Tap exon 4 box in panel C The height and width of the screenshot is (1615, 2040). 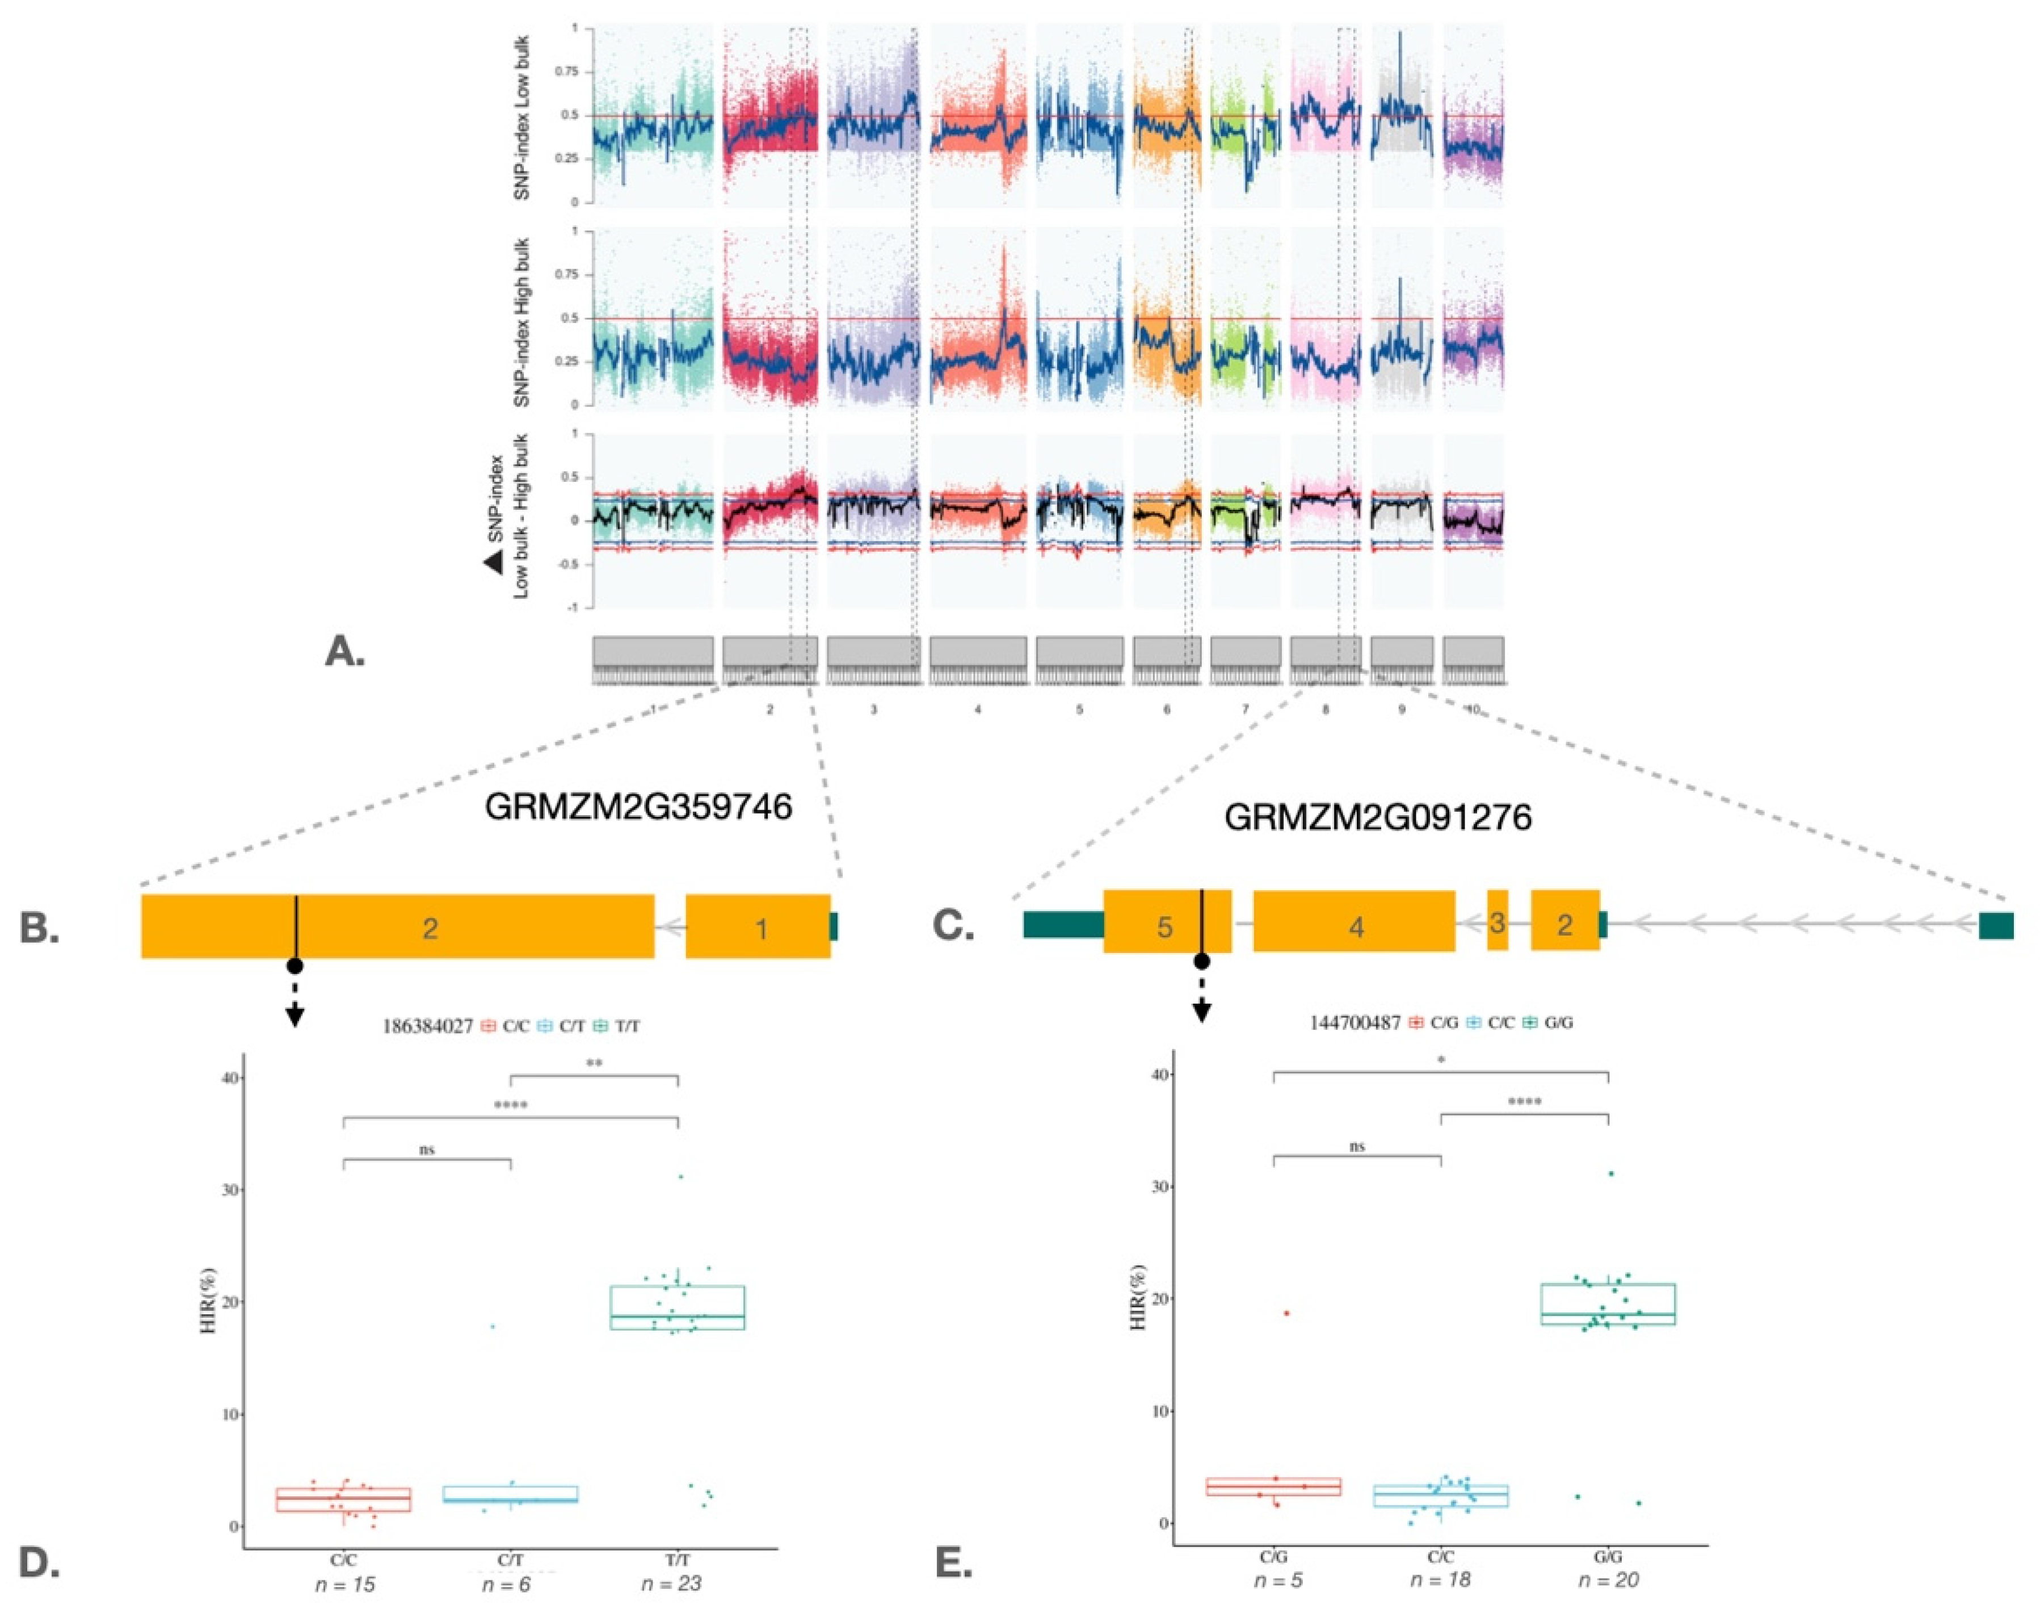[x=1354, y=922]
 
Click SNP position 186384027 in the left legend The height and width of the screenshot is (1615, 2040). [x=427, y=1026]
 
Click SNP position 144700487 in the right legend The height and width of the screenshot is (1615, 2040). [x=1355, y=1023]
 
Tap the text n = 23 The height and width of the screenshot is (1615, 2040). [x=671, y=1583]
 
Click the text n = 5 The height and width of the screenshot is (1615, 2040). [x=1277, y=1580]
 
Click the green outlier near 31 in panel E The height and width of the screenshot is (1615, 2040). [x=1610, y=1173]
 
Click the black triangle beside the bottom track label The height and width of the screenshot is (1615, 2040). [x=494, y=564]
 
